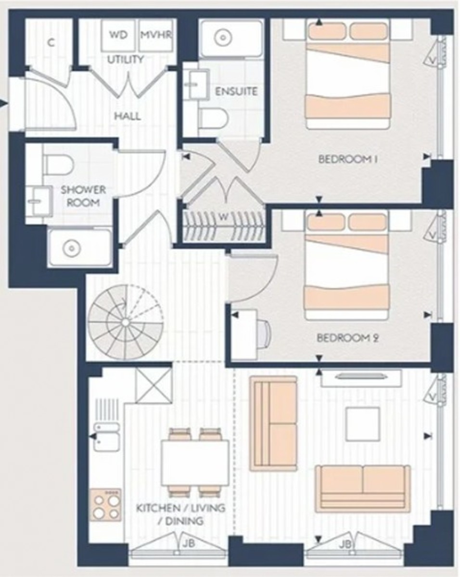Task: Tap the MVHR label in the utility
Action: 155,36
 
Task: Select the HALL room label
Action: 128,116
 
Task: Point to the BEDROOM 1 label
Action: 347,160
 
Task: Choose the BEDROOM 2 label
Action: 348,338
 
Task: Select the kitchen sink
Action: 106,437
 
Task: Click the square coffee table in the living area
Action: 362,424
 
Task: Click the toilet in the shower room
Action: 56,164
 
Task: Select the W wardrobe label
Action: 222,216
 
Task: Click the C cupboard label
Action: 50,42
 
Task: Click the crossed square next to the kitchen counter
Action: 153,385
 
